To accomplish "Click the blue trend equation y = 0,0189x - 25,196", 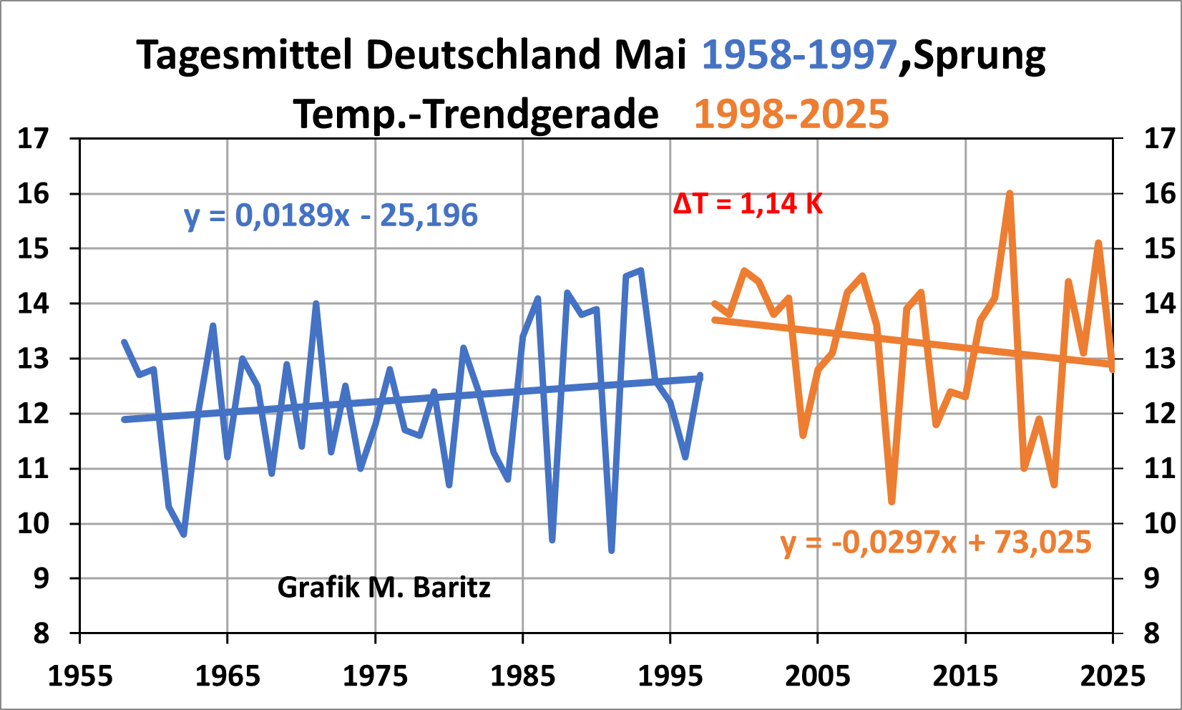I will click(x=331, y=215).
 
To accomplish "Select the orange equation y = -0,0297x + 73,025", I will click(x=936, y=543).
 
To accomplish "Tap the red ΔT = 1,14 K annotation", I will click(x=748, y=204).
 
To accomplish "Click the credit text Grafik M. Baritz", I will click(x=384, y=588).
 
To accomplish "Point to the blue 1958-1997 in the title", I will click(x=799, y=54).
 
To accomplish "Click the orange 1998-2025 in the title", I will click(x=791, y=114).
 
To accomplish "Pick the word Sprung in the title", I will click(x=980, y=56).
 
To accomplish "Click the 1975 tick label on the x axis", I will click(x=376, y=676).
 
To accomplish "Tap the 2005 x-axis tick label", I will click(x=818, y=676).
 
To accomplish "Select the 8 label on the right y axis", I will click(x=1151, y=633).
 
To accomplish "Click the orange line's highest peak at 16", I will click(x=1010, y=193).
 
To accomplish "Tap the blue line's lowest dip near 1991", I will click(x=612, y=550).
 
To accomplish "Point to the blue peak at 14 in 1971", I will click(x=316, y=303).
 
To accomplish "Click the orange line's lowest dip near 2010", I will click(x=892, y=502).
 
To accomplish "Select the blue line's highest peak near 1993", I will click(x=641, y=271).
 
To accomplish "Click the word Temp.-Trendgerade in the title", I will click(x=476, y=114).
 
